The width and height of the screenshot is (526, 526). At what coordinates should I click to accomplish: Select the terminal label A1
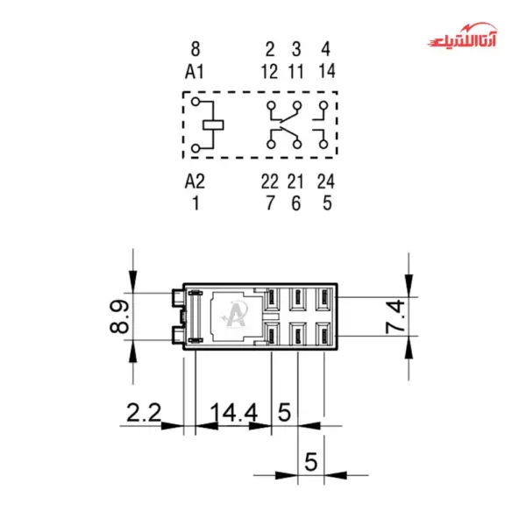click(195, 72)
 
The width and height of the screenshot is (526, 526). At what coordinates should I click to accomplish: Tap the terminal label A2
click(195, 181)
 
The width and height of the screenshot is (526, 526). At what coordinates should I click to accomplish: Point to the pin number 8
click(195, 49)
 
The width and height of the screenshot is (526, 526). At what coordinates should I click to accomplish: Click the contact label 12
click(269, 72)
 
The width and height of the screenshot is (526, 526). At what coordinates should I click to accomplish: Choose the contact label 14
click(327, 71)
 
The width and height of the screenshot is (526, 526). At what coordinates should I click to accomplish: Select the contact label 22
click(270, 181)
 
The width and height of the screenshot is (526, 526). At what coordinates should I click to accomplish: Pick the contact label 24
click(326, 181)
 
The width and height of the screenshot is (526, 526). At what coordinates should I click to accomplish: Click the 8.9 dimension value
click(119, 316)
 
